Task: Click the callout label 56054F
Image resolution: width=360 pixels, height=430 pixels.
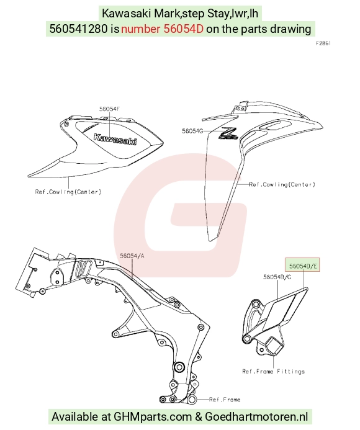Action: (x=109, y=109)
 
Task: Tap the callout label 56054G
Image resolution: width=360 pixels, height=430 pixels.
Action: (x=192, y=131)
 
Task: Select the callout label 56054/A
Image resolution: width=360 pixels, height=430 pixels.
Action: (x=132, y=256)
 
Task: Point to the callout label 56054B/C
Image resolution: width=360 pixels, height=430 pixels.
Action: (x=277, y=277)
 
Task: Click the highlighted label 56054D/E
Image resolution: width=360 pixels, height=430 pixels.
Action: (x=303, y=266)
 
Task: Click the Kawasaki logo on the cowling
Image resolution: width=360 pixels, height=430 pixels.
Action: (x=115, y=140)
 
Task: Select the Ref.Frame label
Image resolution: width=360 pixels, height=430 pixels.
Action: (x=225, y=400)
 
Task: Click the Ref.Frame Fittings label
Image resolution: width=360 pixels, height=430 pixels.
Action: (x=273, y=372)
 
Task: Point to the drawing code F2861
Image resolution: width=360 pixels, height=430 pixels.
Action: (x=323, y=43)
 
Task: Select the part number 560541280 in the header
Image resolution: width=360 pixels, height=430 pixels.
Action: (x=78, y=29)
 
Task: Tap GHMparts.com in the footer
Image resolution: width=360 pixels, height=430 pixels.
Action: (x=153, y=416)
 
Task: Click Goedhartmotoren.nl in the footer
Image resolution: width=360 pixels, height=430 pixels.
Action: (x=256, y=416)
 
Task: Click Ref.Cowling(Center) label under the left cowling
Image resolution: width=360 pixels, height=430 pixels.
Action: (x=68, y=192)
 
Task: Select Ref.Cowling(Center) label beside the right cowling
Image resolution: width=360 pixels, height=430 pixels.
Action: (x=282, y=184)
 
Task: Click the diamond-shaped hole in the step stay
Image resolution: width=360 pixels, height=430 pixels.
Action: (x=273, y=346)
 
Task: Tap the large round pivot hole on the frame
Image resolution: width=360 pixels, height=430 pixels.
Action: (x=179, y=367)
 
